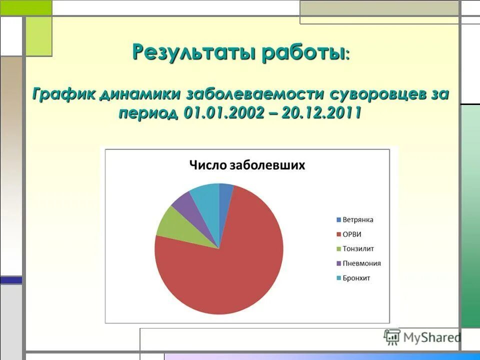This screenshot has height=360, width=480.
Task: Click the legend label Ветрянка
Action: pyautogui.click(x=358, y=220)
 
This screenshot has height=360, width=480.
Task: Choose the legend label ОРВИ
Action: pyautogui.click(x=352, y=234)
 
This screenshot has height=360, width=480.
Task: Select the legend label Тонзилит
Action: pyautogui.click(x=358, y=249)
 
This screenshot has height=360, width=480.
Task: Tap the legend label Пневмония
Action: pyautogui.click(x=361, y=263)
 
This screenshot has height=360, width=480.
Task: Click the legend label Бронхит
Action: pyautogui.click(x=356, y=278)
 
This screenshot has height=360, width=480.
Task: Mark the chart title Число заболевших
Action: pyautogui.click(x=246, y=165)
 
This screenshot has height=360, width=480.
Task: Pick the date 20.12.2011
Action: pyautogui.click(x=321, y=113)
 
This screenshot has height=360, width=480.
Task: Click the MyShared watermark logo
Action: pyautogui.click(x=422, y=337)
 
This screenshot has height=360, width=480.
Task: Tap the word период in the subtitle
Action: pyautogui.click(x=148, y=113)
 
